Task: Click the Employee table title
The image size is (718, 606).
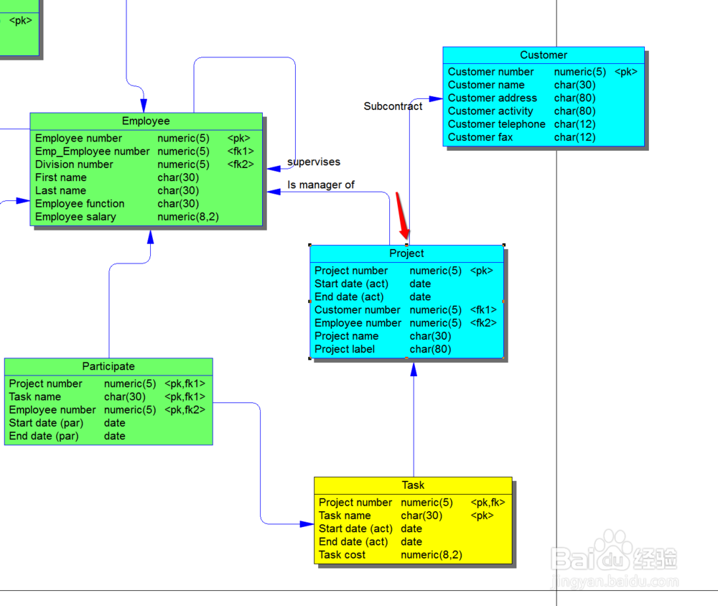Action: pos(146,121)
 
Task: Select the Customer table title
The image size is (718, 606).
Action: pos(544,55)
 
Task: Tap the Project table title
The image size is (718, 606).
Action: pos(406,253)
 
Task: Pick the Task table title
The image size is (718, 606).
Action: pos(413,485)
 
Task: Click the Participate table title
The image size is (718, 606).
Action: pos(108,366)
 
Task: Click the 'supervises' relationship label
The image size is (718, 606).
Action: pos(314,162)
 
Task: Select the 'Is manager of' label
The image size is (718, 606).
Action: pos(321,185)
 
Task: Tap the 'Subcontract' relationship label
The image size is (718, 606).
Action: pos(393,106)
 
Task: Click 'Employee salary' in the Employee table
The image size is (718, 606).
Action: pos(75,217)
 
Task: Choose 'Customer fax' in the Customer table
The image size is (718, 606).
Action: pos(480,137)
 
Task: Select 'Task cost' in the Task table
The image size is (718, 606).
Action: pos(342,555)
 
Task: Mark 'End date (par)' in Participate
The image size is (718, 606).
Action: pos(44,436)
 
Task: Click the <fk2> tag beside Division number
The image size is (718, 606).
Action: pos(241,164)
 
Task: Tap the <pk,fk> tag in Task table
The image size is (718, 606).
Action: pos(488,503)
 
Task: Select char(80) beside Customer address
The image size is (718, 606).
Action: pos(574,98)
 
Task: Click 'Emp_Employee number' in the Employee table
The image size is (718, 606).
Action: pos(93,151)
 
